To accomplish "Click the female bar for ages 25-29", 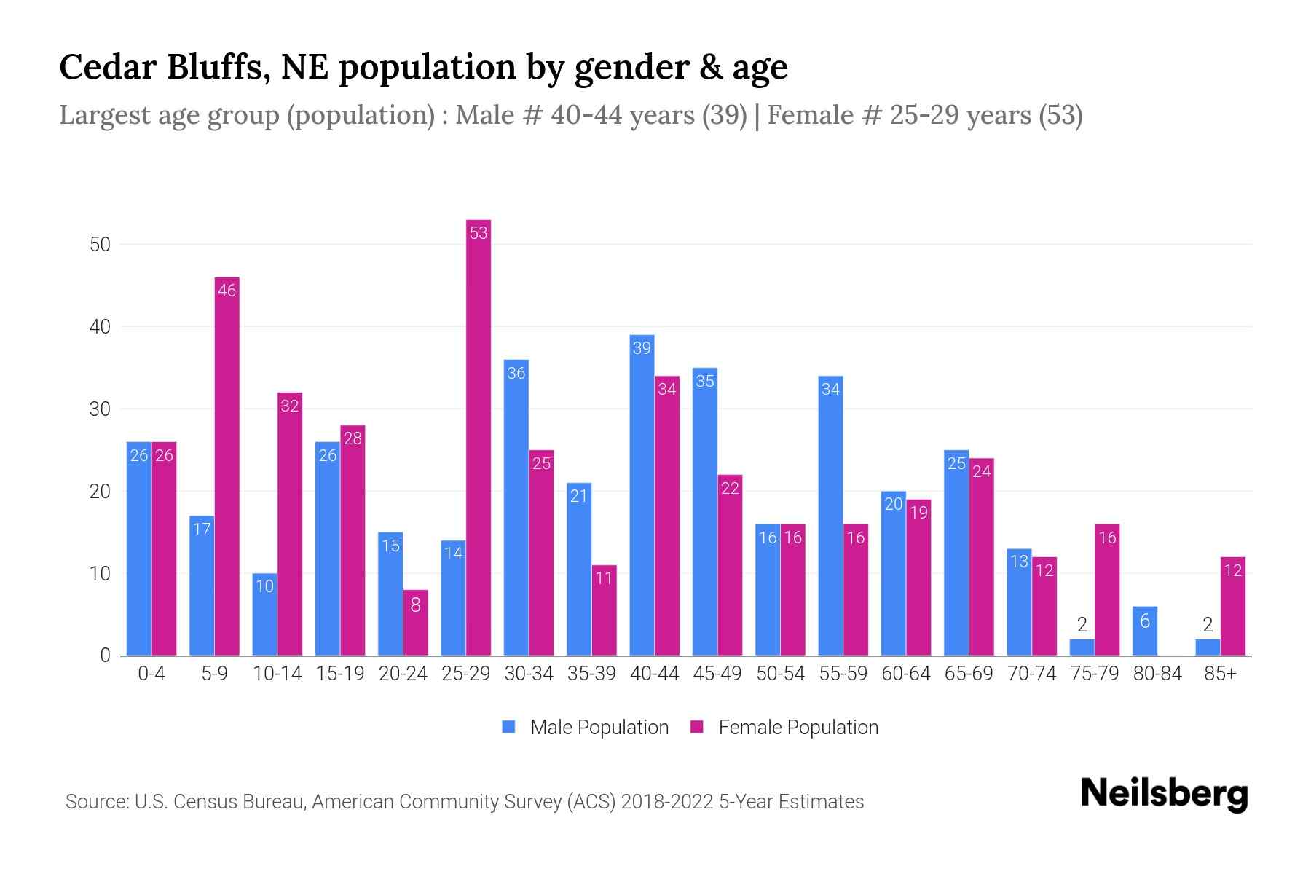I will [x=479, y=437].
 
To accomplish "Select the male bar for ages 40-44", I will [x=642, y=495].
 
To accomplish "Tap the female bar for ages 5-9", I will [x=227, y=466].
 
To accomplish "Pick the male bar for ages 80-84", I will [x=1145, y=631].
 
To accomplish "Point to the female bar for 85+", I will [x=1232, y=606].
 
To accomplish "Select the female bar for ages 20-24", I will [x=415, y=623].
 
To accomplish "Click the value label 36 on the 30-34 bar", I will [x=516, y=373].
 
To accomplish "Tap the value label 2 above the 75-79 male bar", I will [x=1082, y=625].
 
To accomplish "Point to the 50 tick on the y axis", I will [x=100, y=245].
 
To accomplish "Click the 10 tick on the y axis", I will [x=100, y=574].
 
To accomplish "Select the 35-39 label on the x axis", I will [x=591, y=674].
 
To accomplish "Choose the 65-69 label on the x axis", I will [x=969, y=674].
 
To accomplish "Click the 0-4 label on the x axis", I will [x=151, y=674].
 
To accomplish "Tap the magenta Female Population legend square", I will [x=697, y=727].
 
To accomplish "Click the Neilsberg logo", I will [x=1164, y=794].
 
